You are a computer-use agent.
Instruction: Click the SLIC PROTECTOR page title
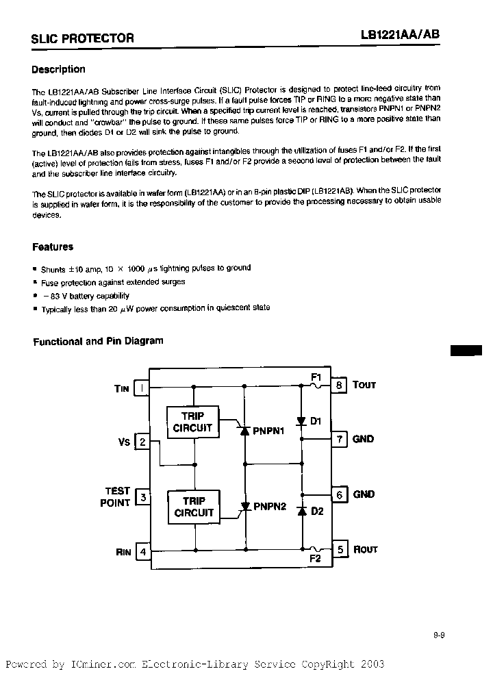point(82,39)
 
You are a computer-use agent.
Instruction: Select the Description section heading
point(59,69)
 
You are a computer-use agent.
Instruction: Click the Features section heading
point(53,247)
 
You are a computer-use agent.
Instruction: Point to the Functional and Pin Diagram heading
point(99,341)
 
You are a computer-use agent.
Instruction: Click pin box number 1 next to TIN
point(142,388)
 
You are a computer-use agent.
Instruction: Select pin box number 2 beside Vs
point(142,442)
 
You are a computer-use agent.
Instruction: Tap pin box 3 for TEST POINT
point(142,496)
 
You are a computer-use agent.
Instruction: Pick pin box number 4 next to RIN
point(142,551)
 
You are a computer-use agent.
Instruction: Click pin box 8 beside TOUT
point(339,385)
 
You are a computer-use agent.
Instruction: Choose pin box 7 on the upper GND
point(339,439)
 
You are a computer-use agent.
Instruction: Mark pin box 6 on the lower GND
point(339,494)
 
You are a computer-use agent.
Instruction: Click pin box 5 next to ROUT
point(339,549)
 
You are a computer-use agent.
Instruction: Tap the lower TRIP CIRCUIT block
point(194,507)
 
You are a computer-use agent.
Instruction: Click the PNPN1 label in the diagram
point(268,432)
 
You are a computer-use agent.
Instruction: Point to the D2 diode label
point(317,511)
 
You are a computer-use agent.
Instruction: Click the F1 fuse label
point(316,377)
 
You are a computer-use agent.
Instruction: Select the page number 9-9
point(439,635)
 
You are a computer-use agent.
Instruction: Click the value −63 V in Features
point(61,296)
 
